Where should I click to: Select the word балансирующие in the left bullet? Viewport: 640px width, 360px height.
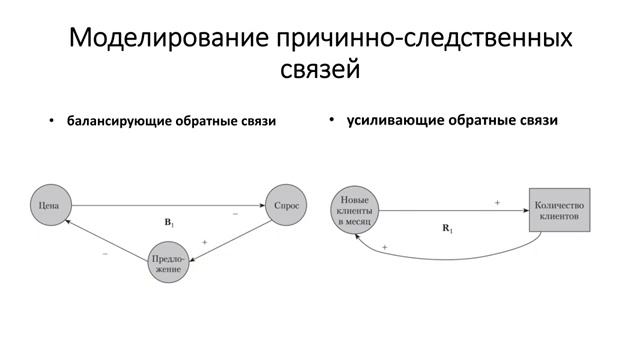click(x=116, y=122)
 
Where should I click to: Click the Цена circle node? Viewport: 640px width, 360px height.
click(x=47, y=206)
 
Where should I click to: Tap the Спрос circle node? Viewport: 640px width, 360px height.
click(x=285, y=206)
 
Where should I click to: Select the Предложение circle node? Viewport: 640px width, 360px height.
click(x=167, y=263)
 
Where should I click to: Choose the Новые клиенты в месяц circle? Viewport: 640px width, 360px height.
click(x=356, y=210)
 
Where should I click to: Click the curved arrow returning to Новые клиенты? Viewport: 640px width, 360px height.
click(x=450, y=256)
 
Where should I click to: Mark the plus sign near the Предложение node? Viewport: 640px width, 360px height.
click(x=204, y=242)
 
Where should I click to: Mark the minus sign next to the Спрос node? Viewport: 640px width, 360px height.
click(x=236, y=214)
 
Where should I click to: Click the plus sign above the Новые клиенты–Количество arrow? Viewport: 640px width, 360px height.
click(x=497, y=202)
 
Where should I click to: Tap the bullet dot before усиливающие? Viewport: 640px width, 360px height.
click(x=331, y=120)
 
